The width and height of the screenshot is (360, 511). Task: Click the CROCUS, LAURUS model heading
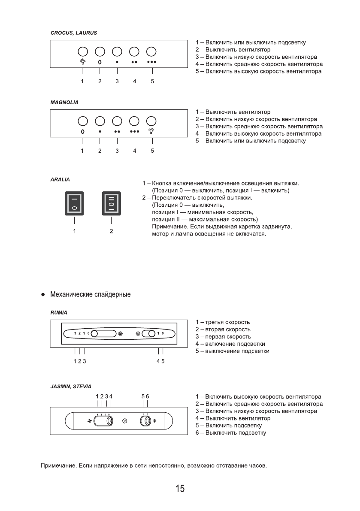[74, 33]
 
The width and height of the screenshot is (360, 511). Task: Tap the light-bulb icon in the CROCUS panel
[82, 61]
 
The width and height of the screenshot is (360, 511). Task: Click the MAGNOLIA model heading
[65, 103]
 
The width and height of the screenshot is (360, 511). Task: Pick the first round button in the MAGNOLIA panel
[82, 121]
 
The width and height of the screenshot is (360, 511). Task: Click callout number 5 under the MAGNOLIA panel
[152, 151]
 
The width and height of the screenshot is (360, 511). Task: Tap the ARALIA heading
[60, 178]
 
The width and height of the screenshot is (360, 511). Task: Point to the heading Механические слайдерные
[90, 295]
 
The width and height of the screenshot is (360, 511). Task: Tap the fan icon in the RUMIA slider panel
[120, 333]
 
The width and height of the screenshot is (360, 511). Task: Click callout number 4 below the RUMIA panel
[158, 361]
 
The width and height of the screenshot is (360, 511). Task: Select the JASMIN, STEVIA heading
[71, 386]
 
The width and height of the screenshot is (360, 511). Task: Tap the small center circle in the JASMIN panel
[125, 421]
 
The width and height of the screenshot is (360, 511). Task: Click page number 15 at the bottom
[180, 489]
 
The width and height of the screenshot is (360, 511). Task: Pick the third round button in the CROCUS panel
[117, 51]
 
